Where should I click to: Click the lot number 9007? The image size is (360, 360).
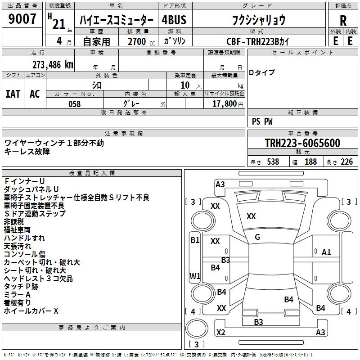click(22, 19)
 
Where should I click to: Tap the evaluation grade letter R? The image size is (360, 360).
click(343, 20)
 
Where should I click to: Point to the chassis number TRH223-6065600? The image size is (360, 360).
click(302, 143)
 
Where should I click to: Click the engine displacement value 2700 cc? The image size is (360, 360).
click(137, 41)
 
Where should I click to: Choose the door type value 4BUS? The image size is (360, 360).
click(174, 20)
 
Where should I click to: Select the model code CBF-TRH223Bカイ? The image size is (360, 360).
click(257, 41)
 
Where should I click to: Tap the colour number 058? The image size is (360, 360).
click(74, 103)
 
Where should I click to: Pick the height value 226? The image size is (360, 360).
click(346, 162)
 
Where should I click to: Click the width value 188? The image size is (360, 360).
click(310, 162)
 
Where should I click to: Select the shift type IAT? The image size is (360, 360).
click(13, 94)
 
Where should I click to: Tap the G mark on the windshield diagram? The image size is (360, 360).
click(257, 237)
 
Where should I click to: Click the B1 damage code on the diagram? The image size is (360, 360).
click(194, 240)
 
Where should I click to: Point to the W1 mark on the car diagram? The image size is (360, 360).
click(195, 276)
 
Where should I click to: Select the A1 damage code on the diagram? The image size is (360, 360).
click(326, 252)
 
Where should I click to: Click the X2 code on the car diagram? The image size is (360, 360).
click(220, 333)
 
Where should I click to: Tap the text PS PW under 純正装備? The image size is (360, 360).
click(262, 121)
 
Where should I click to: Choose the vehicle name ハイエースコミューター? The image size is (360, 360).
click(116, 20)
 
